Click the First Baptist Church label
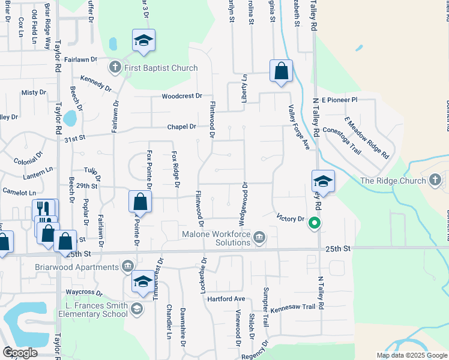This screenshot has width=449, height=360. point(160,68)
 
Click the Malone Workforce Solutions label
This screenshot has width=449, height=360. point(217,238)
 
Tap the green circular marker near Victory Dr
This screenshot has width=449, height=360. point(313,224)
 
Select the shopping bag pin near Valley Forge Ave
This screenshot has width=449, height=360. point(281,71)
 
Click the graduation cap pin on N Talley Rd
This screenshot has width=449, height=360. point(322,181)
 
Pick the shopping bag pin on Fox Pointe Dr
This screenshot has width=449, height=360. point(139,201)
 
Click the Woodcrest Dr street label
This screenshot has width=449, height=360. point(182,96)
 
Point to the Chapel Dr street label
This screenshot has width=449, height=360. point(181,127)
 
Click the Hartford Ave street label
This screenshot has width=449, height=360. point(226,299)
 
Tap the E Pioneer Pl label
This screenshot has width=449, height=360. point(339,100)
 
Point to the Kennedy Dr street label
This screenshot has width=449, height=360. point(95,83)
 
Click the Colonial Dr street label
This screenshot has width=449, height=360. point(29,157)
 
